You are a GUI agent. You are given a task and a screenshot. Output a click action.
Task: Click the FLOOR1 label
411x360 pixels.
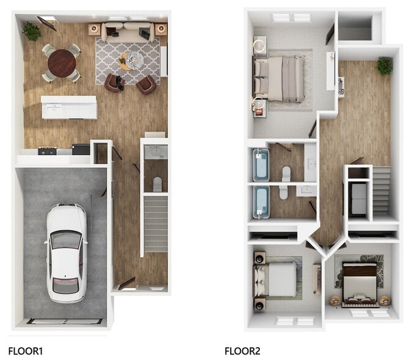(x=26, y=351)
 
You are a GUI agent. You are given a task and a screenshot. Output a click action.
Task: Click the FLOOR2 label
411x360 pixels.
(x=242, y=351)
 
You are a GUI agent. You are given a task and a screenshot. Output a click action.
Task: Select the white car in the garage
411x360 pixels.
(x=65, y=252)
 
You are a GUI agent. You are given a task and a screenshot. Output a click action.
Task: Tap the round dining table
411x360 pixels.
(x=62, y=61)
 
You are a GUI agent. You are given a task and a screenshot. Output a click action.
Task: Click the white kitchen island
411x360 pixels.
(x=69, y=108)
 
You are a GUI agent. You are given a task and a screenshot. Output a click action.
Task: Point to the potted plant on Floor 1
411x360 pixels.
(x=31, y=31)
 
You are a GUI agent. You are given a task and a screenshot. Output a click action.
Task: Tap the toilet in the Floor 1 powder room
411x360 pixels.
(x=157, y=182)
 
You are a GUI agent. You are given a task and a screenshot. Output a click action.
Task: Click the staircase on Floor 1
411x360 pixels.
(x=155, y=223)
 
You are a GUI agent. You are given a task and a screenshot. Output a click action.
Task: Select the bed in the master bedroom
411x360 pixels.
(x=283, y=78)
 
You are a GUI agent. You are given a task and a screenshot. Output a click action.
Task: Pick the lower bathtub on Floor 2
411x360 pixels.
(x=262, y=202)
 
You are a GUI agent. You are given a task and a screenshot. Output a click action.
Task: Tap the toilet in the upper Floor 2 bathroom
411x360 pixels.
(x=286, y=173)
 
